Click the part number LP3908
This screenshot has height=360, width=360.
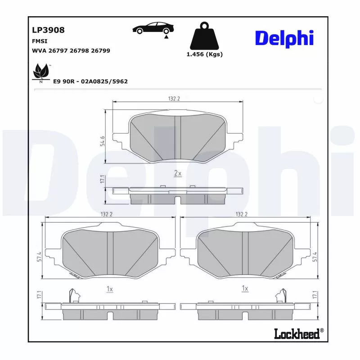pyautogui.click(x=48, y=30)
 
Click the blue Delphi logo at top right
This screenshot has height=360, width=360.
pyautogui.click(x=284, y=38)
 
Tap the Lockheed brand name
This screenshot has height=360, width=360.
pyautogui.click(x=297, y=333)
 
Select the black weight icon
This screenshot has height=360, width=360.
pyautogui.click(x=204, y=36)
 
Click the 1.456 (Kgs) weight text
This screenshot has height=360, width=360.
pyautogui.click(x=204, y=54)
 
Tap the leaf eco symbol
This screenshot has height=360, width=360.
pyautogui.click(x=41, y=72)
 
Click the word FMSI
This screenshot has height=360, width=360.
pyautogui.click(x=39, y=41)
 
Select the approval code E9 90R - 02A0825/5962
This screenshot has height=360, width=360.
pyautogui.click(x=90, y=81)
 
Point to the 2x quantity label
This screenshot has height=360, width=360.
pyautogui.click(x=177, y=173)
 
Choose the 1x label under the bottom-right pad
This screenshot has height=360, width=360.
pyautogui.click(x=245, y=288)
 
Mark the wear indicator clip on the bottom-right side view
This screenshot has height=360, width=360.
pyautogui.click(x=283, y=295)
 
